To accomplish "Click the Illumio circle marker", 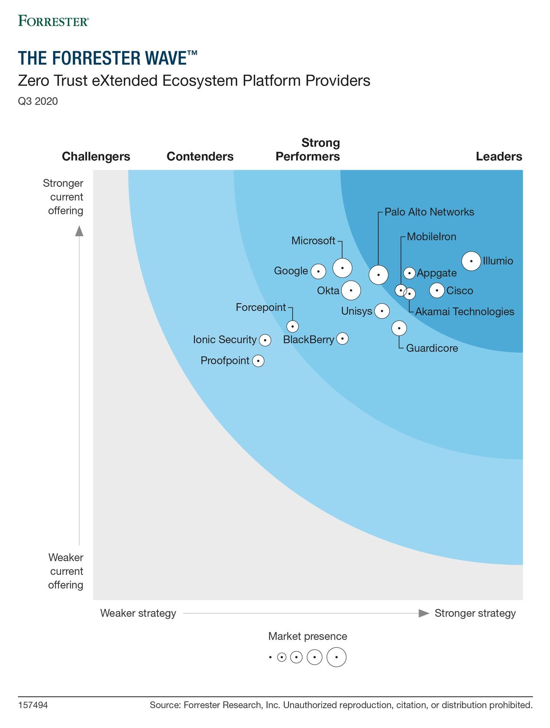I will (471, 261).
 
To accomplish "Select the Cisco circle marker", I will (437, 290).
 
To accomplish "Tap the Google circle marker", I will (318, 271).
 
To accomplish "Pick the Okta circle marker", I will (351, 290).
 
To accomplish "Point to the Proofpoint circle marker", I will (259, 361).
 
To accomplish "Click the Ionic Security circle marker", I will (265, 340).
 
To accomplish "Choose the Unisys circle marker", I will (382, 311).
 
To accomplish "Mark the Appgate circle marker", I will (409, 273).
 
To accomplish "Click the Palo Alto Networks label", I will (429, 212).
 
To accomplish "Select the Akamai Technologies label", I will (464, 312).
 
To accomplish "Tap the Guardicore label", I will (432, 348).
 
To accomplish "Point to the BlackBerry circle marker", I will (343, 338).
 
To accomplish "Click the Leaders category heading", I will (499, 157).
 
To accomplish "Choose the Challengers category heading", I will (96, 157).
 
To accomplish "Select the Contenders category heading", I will (200, 157).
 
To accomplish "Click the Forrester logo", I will (53, 21).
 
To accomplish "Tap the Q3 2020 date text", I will (38, 101).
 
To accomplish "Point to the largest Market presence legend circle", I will (336, 657).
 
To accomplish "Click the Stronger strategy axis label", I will (475, 613).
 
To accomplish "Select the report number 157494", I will (33, 705).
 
